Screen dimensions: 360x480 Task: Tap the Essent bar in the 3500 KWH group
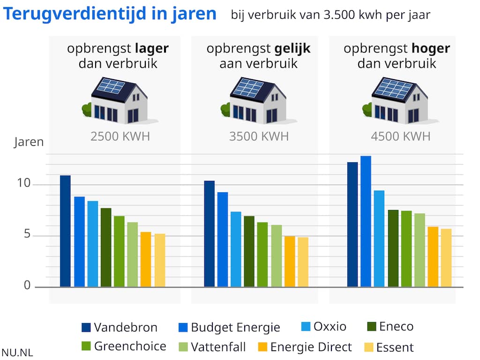click(303, 262)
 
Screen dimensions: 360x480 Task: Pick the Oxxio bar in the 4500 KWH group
click(379, 239)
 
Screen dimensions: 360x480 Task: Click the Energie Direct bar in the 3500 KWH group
click(290, 261)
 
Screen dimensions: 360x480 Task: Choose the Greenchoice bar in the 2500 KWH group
click(119, 251)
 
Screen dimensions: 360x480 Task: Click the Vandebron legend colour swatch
click(86, 327)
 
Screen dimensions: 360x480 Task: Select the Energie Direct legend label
click(311, 347)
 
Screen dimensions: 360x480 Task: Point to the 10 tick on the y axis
click(24, 184)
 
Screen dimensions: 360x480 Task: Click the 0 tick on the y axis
click(27, 285)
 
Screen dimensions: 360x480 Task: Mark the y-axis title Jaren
click(29, 142)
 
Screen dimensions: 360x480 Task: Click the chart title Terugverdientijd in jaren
click(110, 14)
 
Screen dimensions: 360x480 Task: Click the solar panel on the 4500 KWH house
click(393, 88)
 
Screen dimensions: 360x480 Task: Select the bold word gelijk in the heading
click(292, 49)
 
